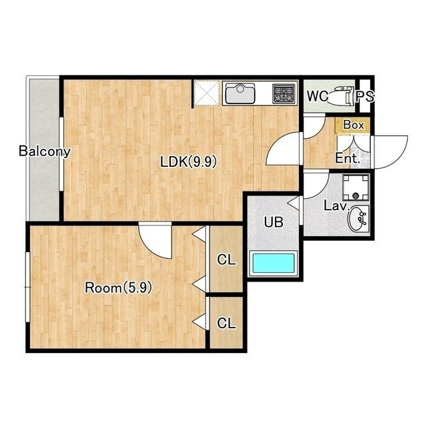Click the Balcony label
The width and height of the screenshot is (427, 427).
[45, 151]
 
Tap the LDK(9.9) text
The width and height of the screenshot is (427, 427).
[188, 162]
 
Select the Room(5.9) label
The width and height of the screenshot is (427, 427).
[118, 288]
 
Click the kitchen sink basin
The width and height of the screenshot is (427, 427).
[240, 93]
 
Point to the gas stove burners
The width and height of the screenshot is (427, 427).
[284, 93]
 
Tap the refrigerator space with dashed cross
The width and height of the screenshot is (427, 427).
[206, 93]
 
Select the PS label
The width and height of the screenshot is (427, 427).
[365, 96]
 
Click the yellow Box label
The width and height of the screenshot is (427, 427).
[353, 125]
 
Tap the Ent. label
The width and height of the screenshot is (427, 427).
[346, 158]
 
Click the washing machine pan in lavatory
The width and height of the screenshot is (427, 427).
[356, 187]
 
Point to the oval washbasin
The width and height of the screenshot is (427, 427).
[358, 219]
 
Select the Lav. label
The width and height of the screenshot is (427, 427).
[336, 206]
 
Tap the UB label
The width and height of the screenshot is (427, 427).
[274, 222]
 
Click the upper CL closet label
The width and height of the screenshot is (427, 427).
[226, 260]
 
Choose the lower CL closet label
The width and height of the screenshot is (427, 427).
[226, 323]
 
